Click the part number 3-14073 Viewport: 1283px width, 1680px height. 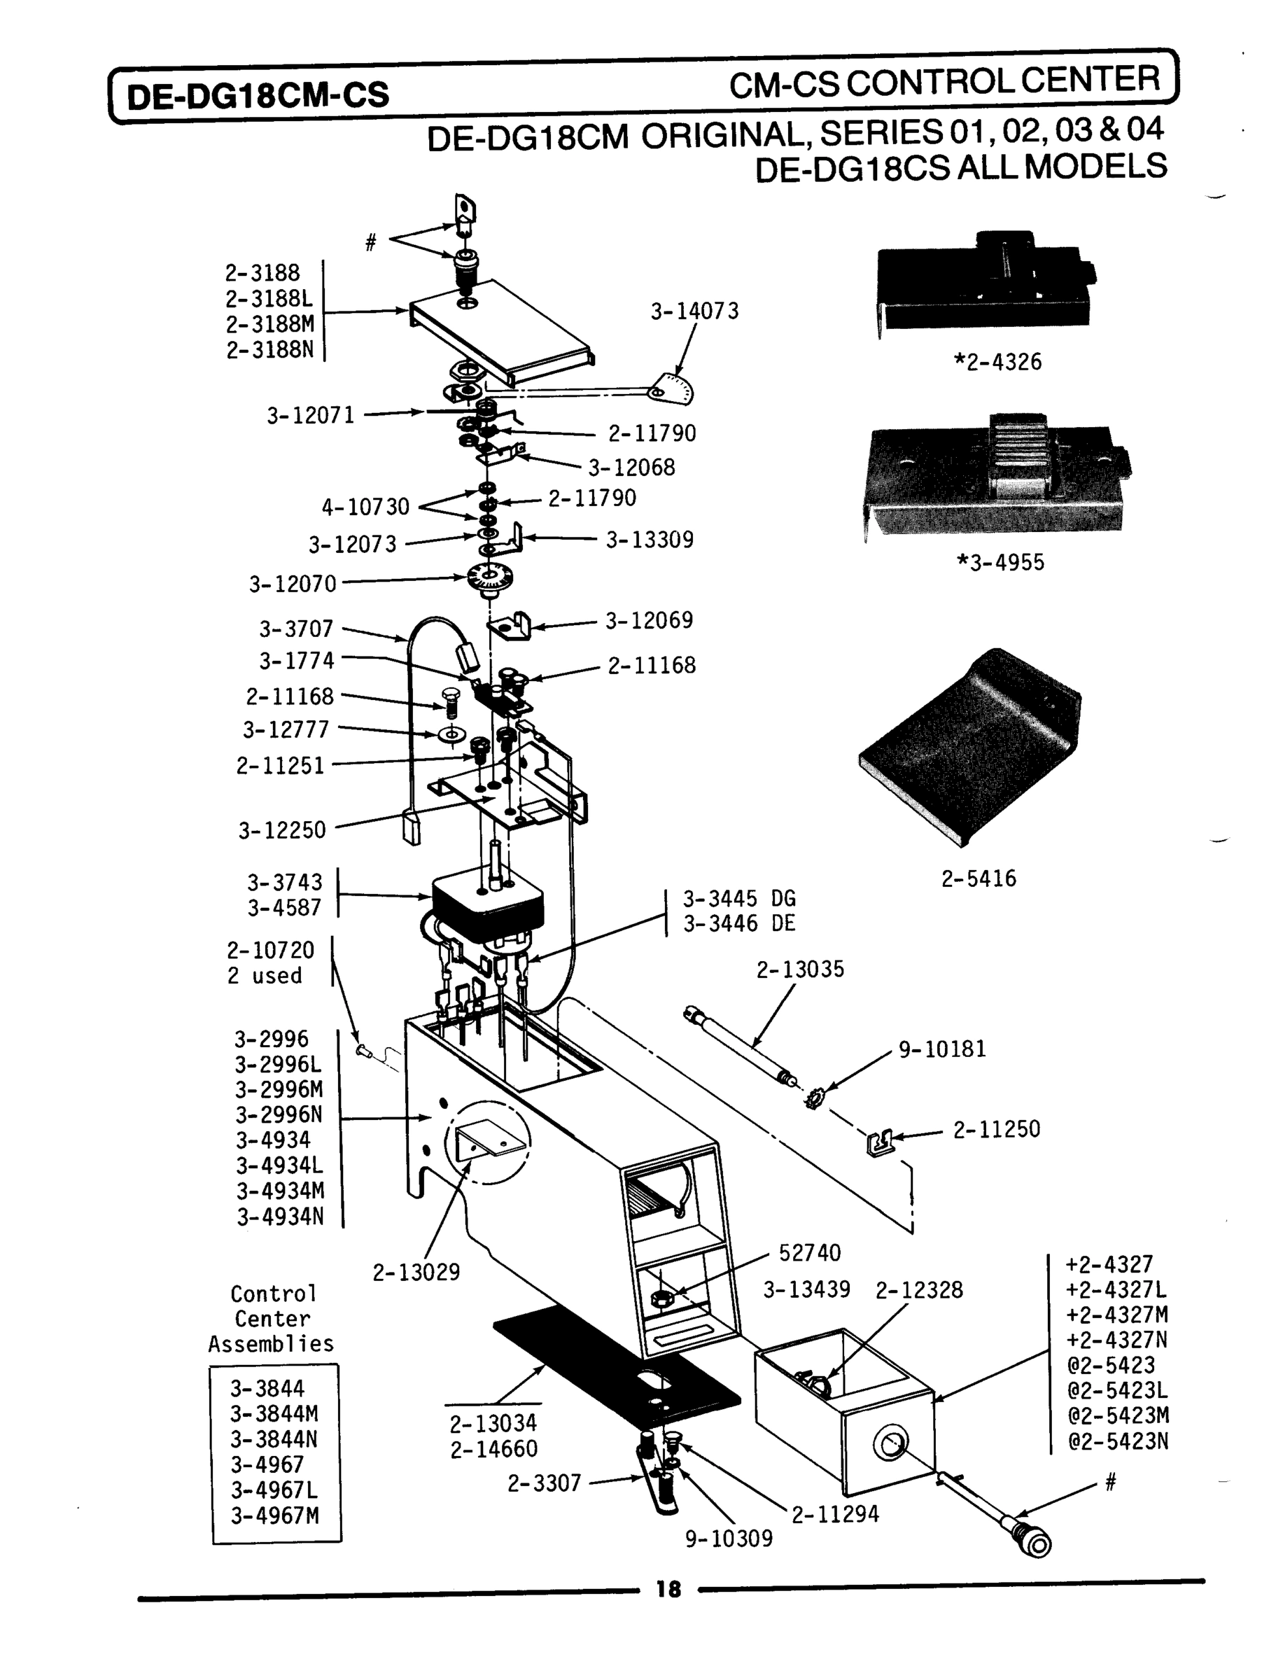pos(694,311)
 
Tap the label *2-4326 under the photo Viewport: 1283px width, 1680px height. pos(997,362)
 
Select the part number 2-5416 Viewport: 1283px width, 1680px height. pos(979,879)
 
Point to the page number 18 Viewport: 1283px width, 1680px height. pos(668,1590)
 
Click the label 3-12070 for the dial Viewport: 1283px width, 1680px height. pos(293,584)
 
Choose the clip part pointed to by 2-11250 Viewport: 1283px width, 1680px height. pos(879,1143)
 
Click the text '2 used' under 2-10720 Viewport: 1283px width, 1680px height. pos(265,976)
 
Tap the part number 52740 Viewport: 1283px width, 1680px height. pos(810,1253)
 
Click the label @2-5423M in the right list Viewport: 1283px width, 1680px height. pos(1118,1415)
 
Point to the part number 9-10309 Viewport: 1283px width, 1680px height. pos(729,1538)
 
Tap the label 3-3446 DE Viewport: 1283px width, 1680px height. pos(738,923)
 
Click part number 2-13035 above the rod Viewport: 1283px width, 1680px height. pos(799,969)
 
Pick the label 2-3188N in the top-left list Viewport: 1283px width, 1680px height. pos(269,351)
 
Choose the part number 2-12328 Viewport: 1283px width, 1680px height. pos(919,1290)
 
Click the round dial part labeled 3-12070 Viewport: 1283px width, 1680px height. pos(489,577)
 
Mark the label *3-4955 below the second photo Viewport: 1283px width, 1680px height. pos(1000,563)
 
